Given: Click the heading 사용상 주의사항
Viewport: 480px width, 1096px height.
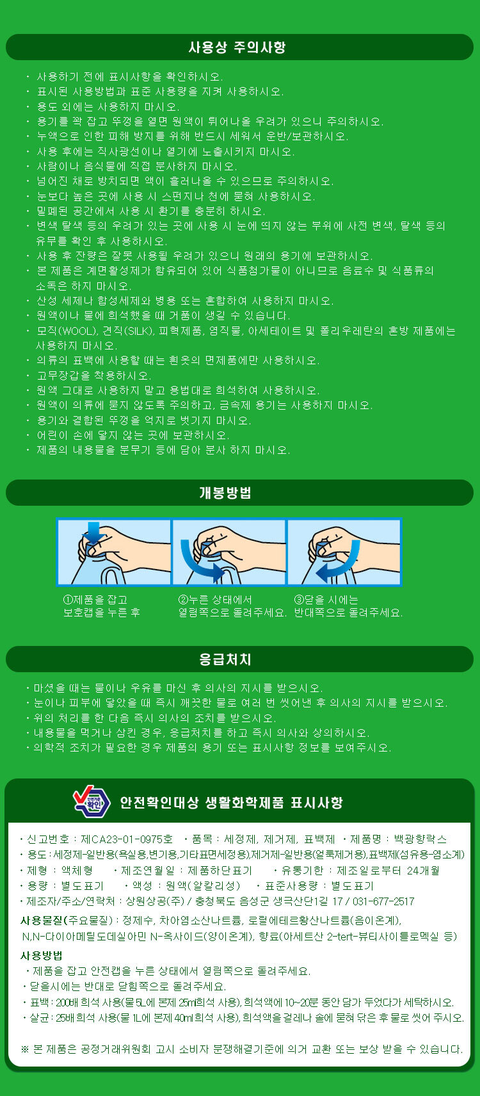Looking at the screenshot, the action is (x=237, y=47).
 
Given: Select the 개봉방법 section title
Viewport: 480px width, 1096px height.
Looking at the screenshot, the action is (x=225, y=492).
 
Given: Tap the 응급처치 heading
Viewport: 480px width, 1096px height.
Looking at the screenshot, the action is (x=225, y=659).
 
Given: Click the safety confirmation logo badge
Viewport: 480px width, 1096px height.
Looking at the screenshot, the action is (x=92, y=802).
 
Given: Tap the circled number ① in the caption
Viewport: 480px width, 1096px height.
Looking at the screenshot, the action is (x=68, y=600).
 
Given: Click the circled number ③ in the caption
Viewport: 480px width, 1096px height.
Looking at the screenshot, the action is (x=299, y=600).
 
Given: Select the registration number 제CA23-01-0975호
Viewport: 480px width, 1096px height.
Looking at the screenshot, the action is (x=126, y=840).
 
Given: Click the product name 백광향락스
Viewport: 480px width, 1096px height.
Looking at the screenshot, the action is (x=420, y=840).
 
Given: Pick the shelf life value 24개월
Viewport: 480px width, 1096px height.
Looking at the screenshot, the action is (x=423, y=871).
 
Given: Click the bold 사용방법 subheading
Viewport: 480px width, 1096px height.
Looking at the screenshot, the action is (x=42, y=955).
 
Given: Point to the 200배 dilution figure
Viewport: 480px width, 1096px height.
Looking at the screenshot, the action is (x=67, y=1002).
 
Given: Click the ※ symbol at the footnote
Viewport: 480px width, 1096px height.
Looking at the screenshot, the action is (x=25, y=1049).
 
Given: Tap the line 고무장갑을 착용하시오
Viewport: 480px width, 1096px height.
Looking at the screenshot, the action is (x=94, y=376).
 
